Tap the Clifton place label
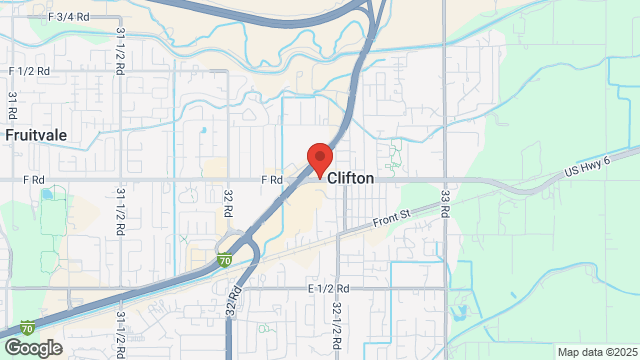pos(350,178)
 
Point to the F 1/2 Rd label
pos(31,71)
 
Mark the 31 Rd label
pos(14,105)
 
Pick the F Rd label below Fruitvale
pos(36,180)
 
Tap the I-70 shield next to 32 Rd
pos(227,260)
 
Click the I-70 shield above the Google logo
pos(29,327)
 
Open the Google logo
pos(32,347)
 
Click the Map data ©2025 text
pos(596,352)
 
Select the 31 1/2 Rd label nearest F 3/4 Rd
pos(121,47)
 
